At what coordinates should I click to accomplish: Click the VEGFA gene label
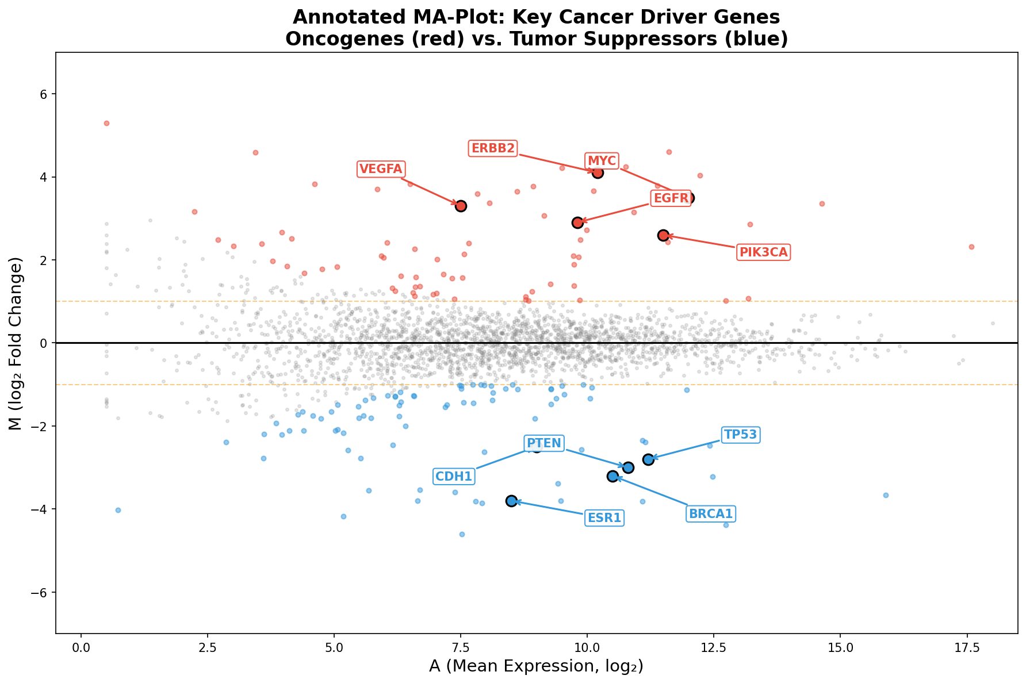381,169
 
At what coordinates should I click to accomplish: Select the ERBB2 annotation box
493,149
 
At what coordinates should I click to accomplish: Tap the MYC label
602,161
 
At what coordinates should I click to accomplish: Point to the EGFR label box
671,198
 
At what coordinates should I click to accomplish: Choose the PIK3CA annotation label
763,252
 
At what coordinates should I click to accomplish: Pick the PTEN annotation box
544,443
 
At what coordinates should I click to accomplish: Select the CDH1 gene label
454,476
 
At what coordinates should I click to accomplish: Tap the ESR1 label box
604,518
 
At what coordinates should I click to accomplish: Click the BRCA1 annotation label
711,514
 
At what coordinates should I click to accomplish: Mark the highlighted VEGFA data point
461,206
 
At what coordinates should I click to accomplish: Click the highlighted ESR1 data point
511,501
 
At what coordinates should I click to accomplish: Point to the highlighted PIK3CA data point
663,235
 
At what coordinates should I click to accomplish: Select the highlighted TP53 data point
648,459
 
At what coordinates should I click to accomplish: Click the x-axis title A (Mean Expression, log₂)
536,667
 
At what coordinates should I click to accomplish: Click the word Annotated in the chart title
346,17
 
